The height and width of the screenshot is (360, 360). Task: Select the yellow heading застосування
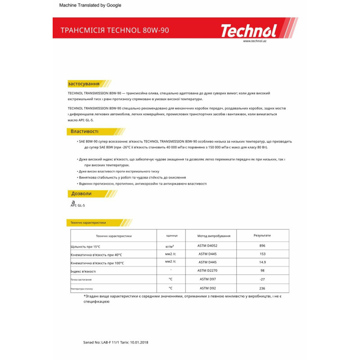coord(84,84)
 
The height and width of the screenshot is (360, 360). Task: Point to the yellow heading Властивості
coord(85,131)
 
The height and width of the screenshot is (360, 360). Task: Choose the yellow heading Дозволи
coord(81,193)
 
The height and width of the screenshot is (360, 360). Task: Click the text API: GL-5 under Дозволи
coord(78,205)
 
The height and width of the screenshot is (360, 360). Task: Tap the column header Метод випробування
coord(214,236)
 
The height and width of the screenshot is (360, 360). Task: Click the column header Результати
coord(262,235)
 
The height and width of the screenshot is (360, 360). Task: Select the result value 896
coord(262,246)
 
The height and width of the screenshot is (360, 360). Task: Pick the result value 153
coord(262,254)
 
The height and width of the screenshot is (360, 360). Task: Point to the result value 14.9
coord(262,262)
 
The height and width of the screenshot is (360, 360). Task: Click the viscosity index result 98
coord(262,270)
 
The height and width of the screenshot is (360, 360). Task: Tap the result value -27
coord(262,279)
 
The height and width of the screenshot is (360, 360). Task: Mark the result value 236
coord(262,288)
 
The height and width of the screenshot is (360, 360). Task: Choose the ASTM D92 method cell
coord(207,288)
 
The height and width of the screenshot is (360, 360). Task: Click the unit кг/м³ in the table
coord(170,247)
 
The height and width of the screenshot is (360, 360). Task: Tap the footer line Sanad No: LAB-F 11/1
coord(116,342)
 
